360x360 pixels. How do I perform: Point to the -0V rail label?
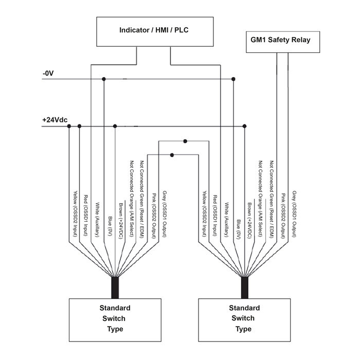pos(48,74)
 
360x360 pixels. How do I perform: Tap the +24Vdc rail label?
pos(54,120)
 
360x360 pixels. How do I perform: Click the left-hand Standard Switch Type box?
pos(115,319)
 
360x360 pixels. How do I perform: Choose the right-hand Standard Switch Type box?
pos(244,319)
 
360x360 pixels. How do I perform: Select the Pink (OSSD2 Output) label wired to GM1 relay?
pos(283,216)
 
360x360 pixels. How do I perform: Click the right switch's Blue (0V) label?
pos(237,227)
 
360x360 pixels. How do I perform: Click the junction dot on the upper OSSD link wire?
pos(185,140)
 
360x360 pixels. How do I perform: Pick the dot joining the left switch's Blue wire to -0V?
pos(104,79)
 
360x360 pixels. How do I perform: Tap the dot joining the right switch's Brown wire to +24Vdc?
pos(244,126)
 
